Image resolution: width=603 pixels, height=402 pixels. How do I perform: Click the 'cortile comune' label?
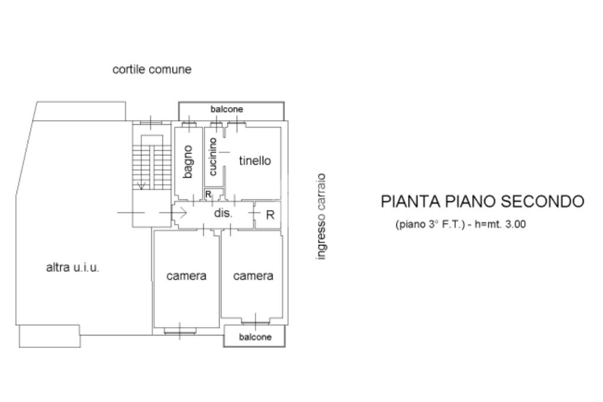click(x=152, y=69)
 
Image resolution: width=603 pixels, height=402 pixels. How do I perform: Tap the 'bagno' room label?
click(x=188, y=161)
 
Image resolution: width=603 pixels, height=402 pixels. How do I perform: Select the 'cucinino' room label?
click(x=213, y=156)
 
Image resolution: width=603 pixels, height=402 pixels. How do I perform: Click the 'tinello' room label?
click(x=254, y=161)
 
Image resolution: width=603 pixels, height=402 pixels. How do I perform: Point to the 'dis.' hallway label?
click(x=223, y=213)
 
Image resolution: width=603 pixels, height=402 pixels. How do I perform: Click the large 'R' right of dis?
click(x=270, y=215)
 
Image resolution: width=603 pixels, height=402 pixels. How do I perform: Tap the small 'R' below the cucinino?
click(x=208, y=195)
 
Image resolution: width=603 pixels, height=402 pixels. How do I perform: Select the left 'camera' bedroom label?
click(x=186, y=275)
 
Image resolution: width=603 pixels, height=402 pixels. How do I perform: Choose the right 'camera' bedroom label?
click(x=253, y=275)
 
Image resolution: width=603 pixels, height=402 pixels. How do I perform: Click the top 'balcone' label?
click(x=227, y=109)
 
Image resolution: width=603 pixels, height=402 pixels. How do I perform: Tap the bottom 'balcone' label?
click(x=255, y=337)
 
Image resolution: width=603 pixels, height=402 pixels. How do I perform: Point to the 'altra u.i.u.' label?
click(x=72, y=268)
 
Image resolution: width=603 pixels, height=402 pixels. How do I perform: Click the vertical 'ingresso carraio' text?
click(x=321, y=217)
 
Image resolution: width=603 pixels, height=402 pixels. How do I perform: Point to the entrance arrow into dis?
click(x=181, y=212)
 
